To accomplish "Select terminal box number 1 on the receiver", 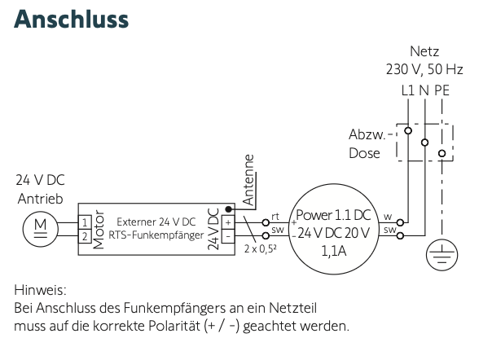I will pyautogui.click(x=84, y=221).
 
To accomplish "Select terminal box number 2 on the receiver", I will pyautogui.click(x=84, y=235).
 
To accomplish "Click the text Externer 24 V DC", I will pyautogui.click(x=156, y=222).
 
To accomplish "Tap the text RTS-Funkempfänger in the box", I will pyautogui.click(x=156, y=235).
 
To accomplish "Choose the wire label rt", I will pyautogui.click(x=275, y=217).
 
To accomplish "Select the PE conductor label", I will pyautogui.click(x=441, y=90).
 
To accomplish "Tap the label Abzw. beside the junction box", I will pyautogui.click(x=364, y=134).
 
